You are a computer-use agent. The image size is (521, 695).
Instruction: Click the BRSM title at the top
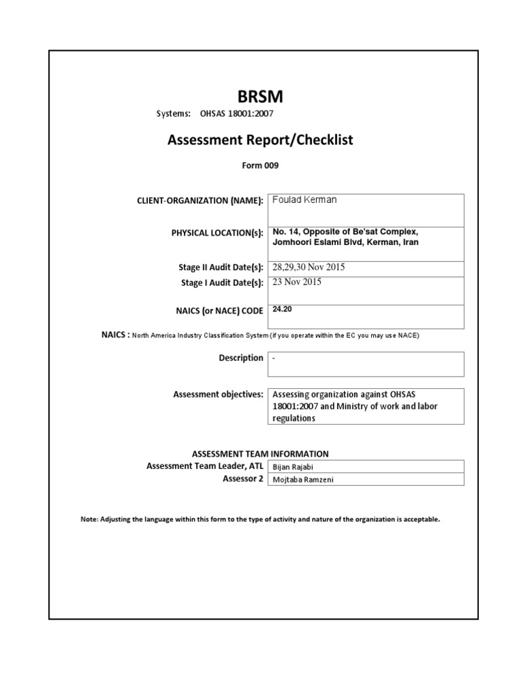[x=260, y=97]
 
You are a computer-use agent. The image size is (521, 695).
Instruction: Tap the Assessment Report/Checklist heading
[x=260, y=140]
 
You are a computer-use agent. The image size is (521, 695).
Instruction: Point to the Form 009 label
[x=260, y=165]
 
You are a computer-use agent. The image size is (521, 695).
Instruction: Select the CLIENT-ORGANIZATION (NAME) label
[x=200, y=202]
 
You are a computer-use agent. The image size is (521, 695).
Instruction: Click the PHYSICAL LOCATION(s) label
[x=217, y=233]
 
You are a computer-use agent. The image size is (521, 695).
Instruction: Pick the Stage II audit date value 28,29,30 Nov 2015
[x=309, y=267]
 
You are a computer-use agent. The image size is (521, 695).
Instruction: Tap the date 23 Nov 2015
[x=297, y=282]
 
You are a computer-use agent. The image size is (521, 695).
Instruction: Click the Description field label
[x=241, y=358]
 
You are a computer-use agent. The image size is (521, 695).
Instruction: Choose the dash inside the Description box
[x=273, y=357]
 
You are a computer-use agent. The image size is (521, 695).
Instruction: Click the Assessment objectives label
[x=218, y=394]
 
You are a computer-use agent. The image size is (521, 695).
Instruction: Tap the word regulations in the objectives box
[x=294, y=419]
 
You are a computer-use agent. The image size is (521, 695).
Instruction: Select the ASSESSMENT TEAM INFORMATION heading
[x=260, y=454]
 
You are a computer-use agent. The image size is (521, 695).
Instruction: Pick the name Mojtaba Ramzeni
[x=303, y=480]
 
